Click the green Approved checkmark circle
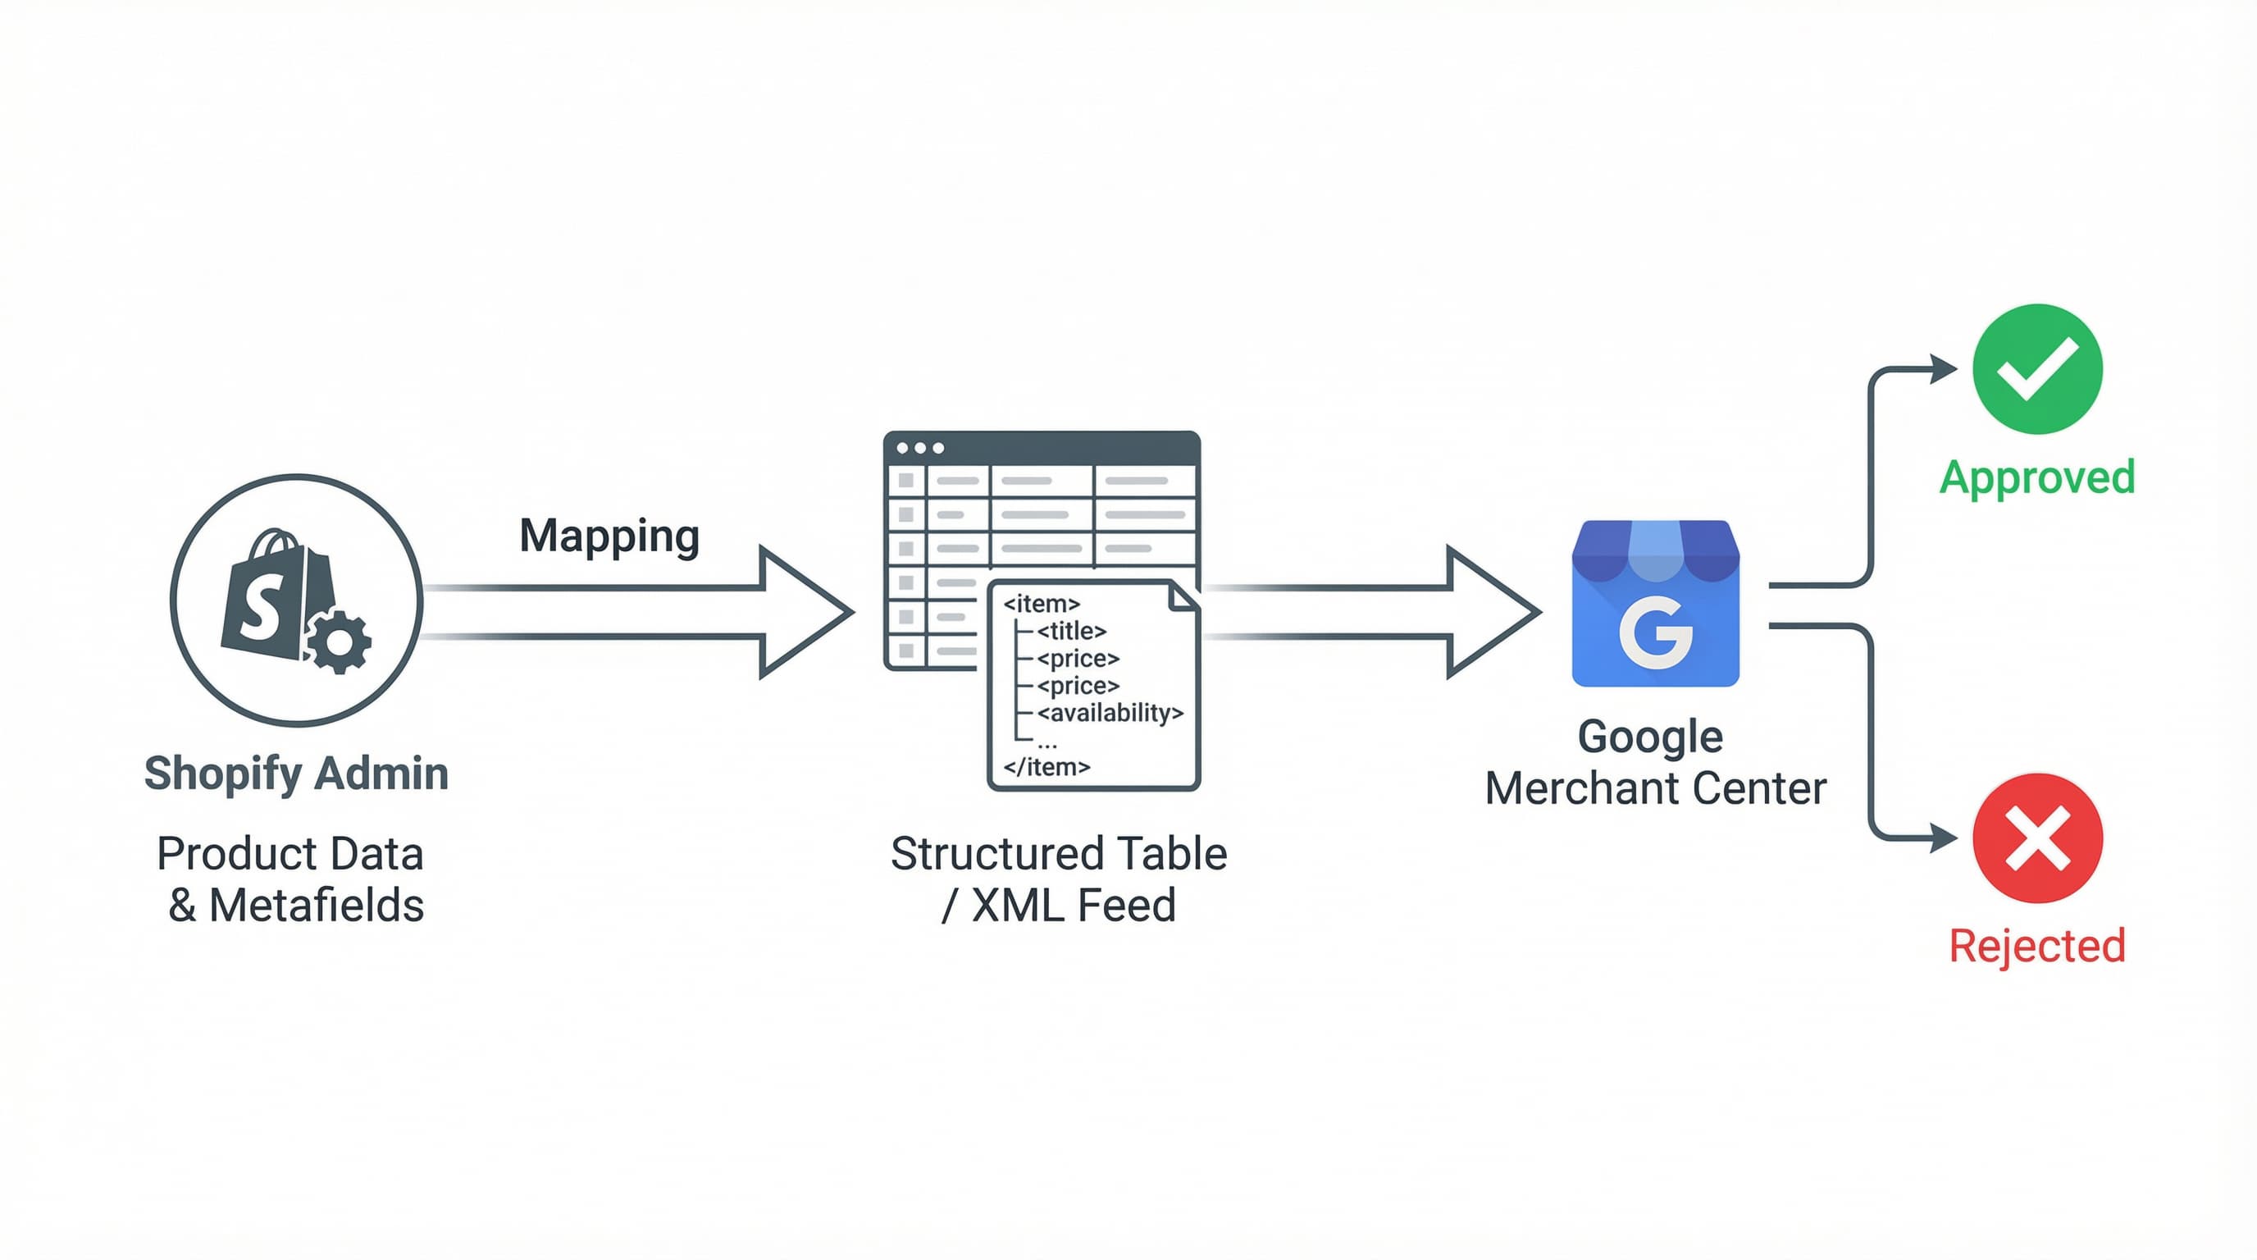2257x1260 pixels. coord(2036,369)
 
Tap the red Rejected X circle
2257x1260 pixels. coord(2036,838)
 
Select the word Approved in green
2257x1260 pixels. coord(2036,477)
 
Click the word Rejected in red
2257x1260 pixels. coord(2036,946)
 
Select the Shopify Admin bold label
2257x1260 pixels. coord(296,774)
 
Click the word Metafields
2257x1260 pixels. coord(317,905)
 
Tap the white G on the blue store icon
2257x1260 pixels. coord(1654,632)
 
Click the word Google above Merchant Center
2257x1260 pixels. coord(1650,736)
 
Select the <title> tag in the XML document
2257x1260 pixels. coord(1070,631)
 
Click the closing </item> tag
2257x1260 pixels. coord(1046,768)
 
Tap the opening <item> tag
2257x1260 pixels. coord(1041,604)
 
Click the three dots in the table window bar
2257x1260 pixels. coord(920,448)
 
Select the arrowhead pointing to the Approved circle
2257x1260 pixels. coord(1944,369)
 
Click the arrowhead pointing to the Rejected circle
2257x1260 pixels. coord(1944,838)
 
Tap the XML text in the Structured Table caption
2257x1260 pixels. coord(1010,905)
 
